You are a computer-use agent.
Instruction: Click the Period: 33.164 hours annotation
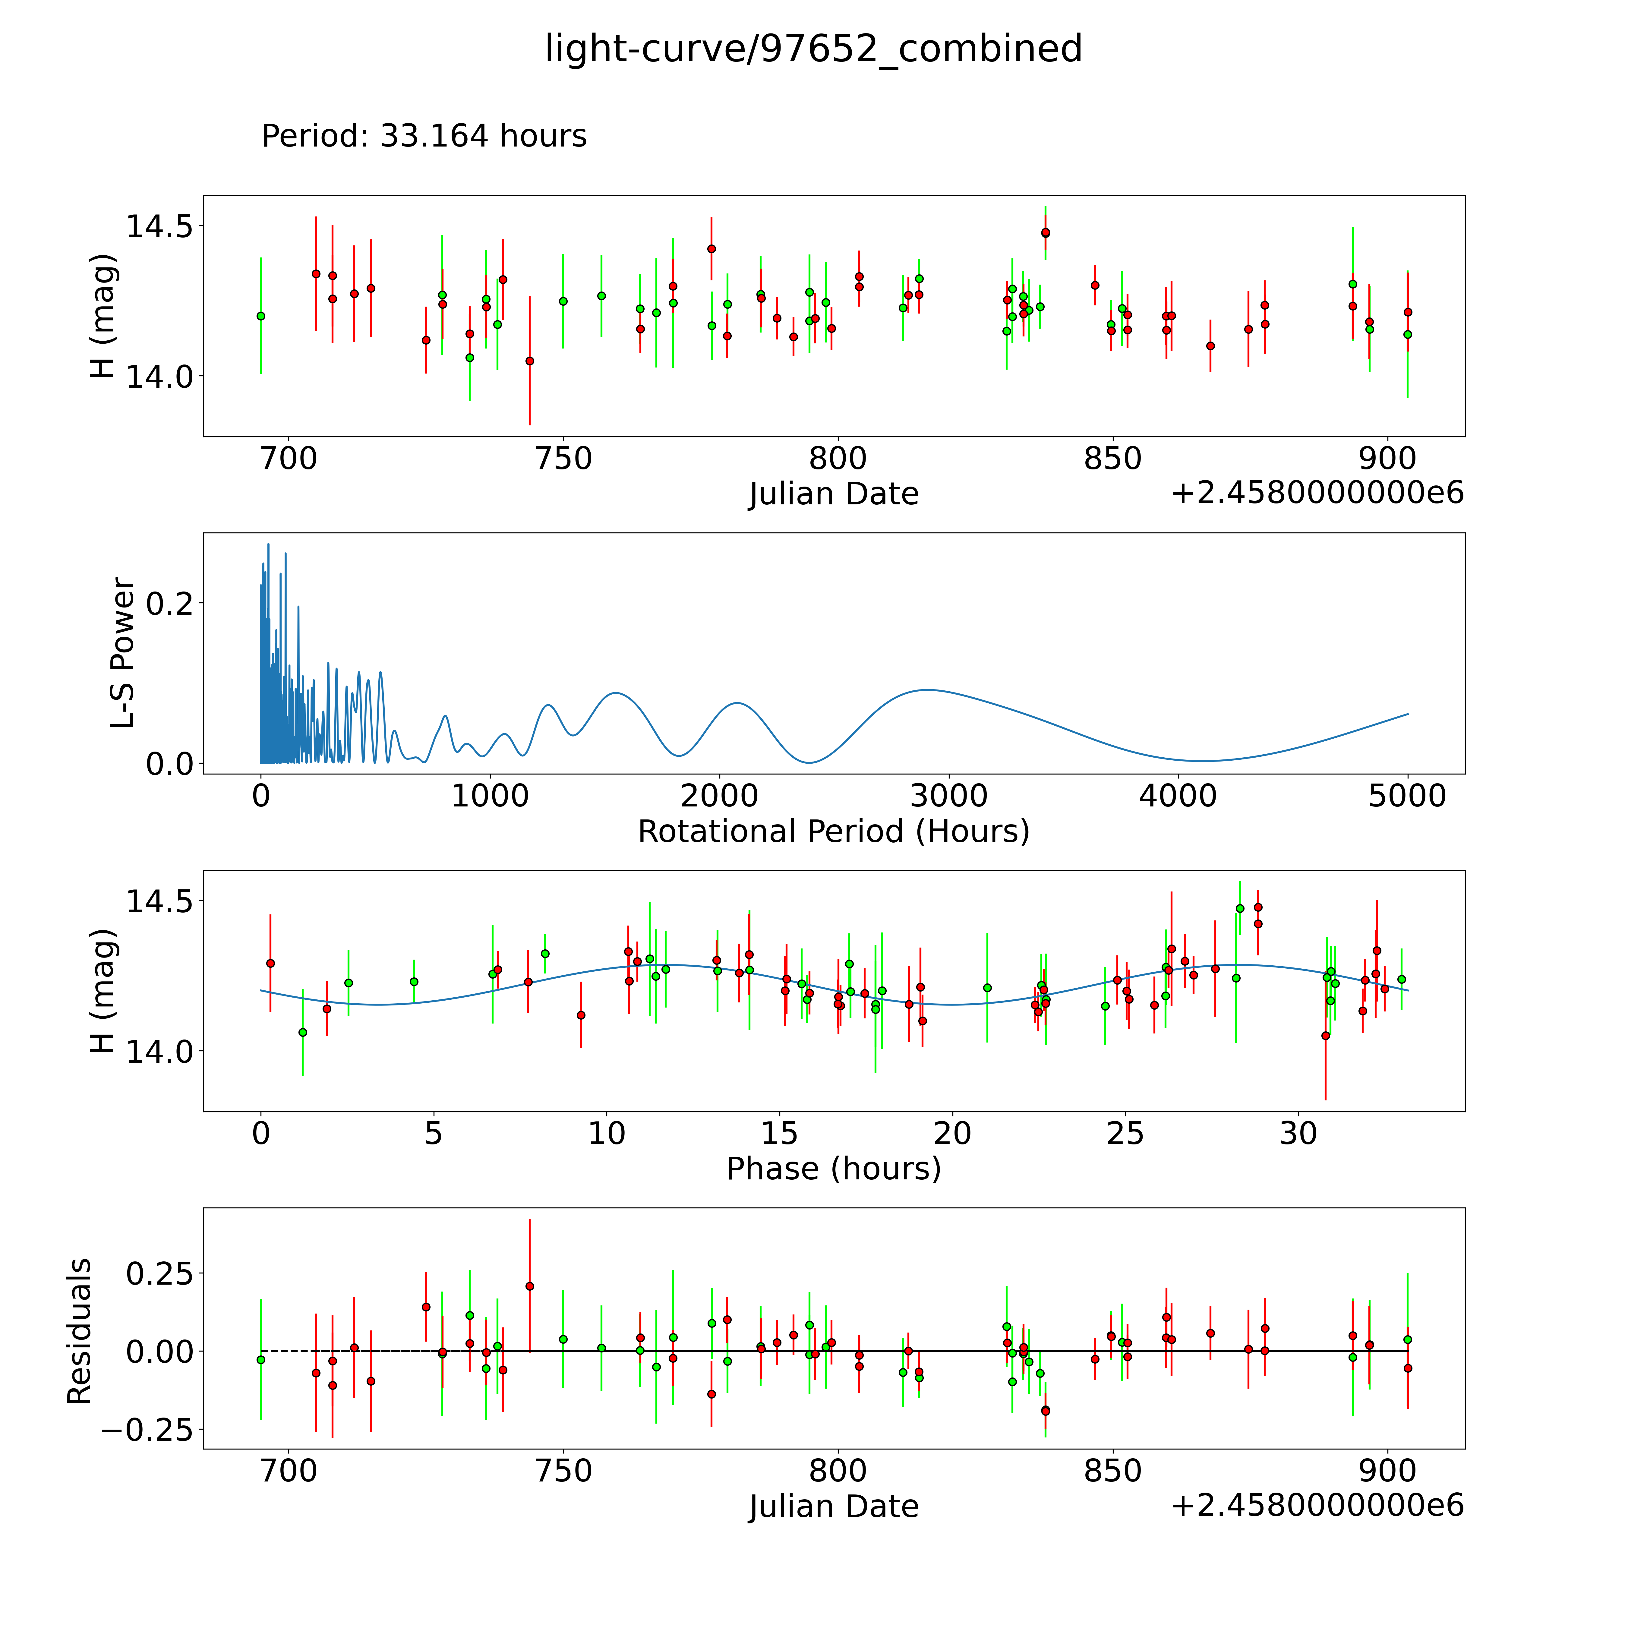click(x=424, y=136)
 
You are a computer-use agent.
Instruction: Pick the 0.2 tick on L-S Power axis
click(x=169, y=602)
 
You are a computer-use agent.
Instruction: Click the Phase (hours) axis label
click(x=833, y=1169)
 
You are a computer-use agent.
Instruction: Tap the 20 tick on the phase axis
click(x=952, y=1133)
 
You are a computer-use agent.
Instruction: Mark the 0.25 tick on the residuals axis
click(x=159, y=1273)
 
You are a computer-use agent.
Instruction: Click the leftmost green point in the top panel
click(x=260, y=316)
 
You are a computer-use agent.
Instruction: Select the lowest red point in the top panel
click(x=529, y=361)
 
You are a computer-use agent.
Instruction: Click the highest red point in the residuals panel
click(x=529, y=1286)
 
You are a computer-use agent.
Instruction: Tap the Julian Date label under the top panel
click(x=833, y=494)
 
